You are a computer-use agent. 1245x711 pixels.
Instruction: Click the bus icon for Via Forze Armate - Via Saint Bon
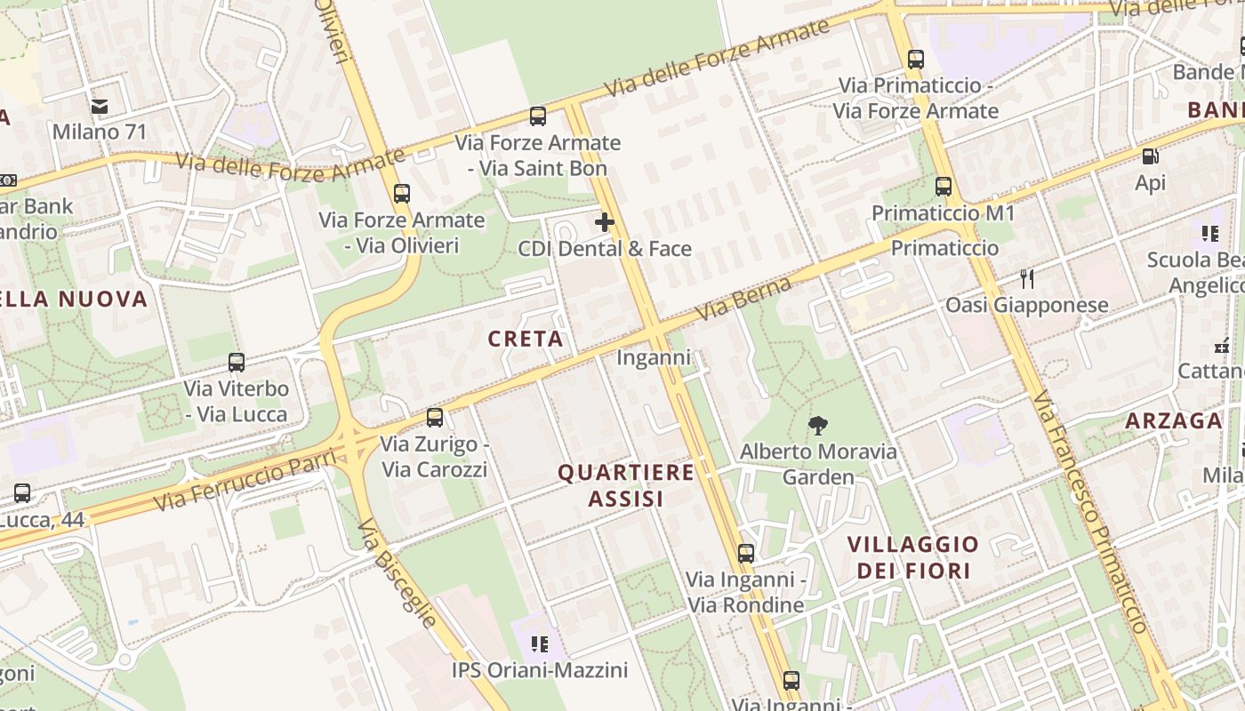point(538,116)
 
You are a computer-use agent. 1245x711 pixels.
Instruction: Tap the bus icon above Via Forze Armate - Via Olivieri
point(402,194)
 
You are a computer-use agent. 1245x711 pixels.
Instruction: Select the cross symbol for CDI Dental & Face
point(605,222)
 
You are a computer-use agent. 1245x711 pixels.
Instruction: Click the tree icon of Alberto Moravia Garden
point(817,426)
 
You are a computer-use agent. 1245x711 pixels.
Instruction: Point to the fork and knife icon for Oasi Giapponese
point(1027,279)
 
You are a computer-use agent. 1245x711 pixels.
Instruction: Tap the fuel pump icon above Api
point(1150,157)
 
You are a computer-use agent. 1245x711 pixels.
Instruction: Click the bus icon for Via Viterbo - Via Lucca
point(237,363)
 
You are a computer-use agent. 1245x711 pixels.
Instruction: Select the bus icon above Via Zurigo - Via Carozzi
point(435,417)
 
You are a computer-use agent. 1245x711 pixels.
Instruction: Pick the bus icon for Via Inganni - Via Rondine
point(746,554)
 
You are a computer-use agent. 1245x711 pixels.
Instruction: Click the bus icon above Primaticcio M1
point(944,188)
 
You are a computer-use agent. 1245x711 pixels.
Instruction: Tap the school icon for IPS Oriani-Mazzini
point(539,643)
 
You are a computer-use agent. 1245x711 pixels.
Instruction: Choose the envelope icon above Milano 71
point(100,107)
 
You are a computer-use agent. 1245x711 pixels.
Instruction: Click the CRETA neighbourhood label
point(526,339)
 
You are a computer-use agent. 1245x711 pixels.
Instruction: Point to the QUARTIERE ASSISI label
point(626,485)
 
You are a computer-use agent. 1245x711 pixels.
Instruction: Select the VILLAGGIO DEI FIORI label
point(912,557)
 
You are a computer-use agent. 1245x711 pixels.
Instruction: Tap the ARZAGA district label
point(1174,420)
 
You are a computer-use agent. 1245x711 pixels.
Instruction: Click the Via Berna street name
point(744,300)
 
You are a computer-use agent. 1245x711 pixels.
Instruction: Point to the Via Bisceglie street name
point(398,573)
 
